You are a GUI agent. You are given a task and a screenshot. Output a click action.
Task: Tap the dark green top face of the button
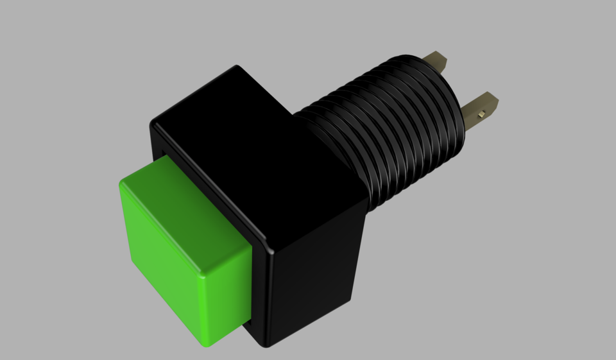(180, 218)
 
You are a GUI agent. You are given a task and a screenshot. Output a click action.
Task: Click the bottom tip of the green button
(207, 345)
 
